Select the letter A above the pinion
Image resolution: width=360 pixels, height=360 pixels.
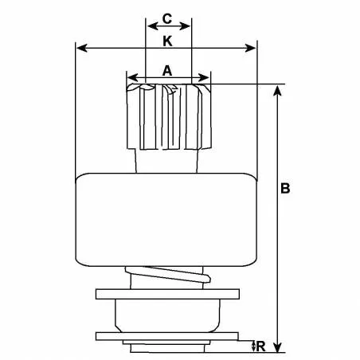(167, 70)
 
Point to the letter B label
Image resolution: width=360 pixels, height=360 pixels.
(286, 190)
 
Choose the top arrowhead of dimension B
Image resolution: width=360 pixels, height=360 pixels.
(276, 89)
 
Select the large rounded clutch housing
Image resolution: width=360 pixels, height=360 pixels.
(167, 221)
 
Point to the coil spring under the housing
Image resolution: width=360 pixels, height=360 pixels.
(169, 278)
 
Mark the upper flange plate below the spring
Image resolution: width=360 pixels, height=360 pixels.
(167, 294)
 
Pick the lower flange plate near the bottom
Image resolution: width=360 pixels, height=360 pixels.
(167, 335)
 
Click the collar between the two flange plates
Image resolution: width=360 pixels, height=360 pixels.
(167, 314)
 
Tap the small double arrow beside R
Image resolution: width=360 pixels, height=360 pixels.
(249, 345)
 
